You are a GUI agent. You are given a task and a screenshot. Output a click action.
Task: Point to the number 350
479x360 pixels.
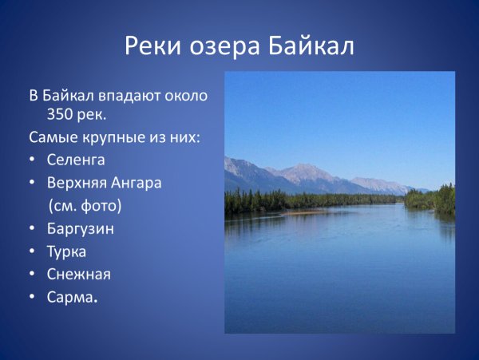coord(61,114)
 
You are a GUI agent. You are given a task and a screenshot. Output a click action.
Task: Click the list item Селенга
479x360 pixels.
coord(77,160)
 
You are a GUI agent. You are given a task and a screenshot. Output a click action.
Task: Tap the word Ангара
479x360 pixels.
coord(138,183)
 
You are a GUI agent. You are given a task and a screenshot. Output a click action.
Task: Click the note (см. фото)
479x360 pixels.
coord(85,205)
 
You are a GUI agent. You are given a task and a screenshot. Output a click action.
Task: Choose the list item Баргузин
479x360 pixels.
coord(81,229)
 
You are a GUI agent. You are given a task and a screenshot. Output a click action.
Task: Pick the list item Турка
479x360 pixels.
coord(67,251)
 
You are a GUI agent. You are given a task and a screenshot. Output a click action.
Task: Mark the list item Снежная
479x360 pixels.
coord(79,274)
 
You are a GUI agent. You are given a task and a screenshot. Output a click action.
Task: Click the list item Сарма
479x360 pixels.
coord(73,297)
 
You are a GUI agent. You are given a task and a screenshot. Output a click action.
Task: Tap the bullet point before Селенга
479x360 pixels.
coord(31,160)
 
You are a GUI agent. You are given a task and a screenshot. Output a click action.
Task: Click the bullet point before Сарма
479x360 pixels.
coord(31,298)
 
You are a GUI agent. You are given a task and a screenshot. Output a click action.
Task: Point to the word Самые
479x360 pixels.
coord(50,137)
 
